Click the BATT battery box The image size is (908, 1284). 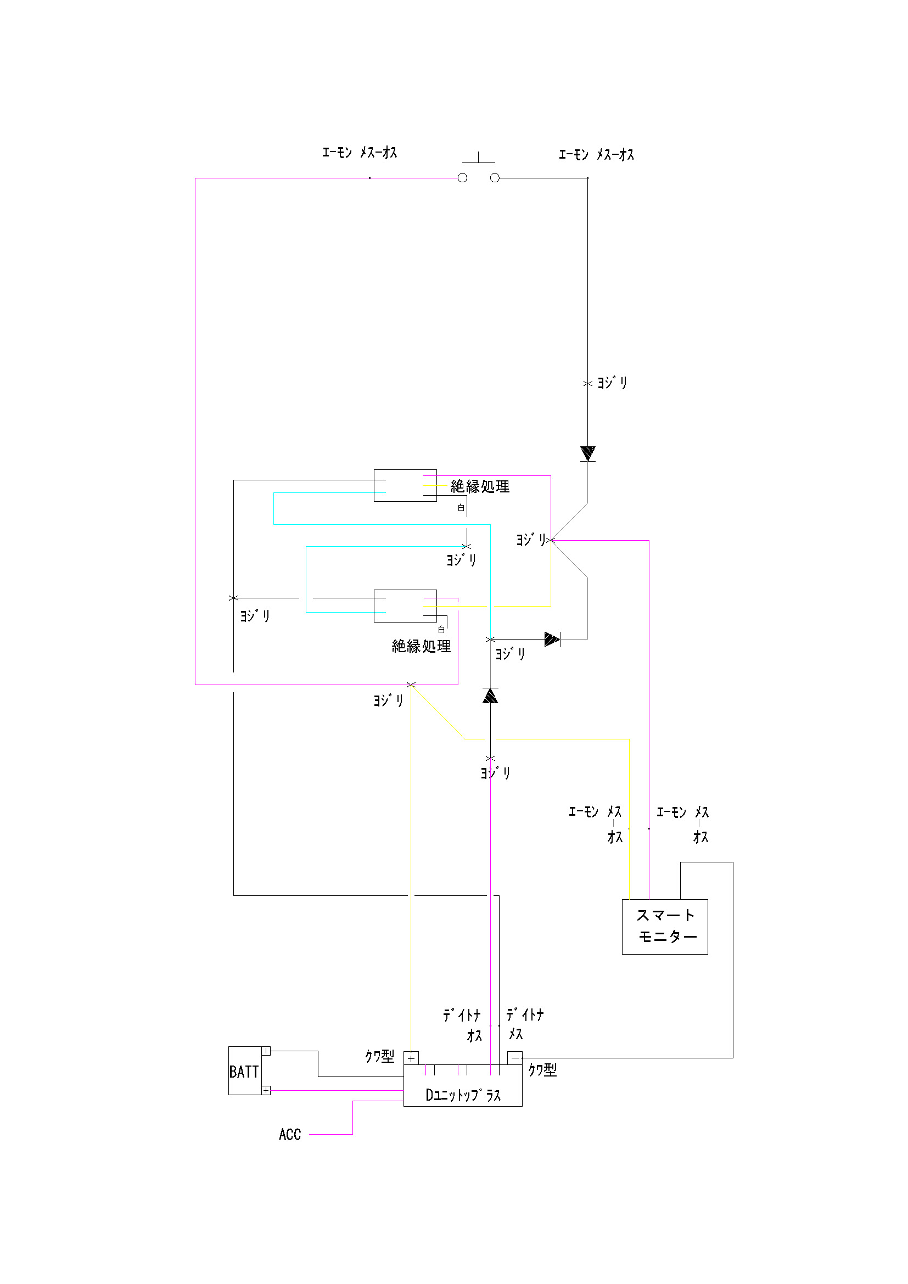click(x=244, y=1071)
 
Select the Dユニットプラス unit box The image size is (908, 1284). click(x=462, y=1085)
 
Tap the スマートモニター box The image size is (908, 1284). click(x=665, y=927)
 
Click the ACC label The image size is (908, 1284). click(x=290, y=1135)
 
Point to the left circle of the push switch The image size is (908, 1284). click(x=462, y=178)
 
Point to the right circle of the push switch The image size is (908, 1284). click(x=495, y=178)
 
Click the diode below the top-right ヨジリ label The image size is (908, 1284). click(x=587, y=453)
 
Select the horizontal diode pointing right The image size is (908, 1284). click(x=552, y=639)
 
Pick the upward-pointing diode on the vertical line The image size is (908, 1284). click(x=490, y=696)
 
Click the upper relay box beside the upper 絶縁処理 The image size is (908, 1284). click(x=405, y=485)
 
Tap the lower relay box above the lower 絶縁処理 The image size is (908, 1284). click(x=405, y=605)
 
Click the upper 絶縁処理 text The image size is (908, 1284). click(x=480, y=486)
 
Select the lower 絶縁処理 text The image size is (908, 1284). click(x=421, y=647)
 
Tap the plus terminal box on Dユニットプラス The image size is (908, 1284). click(x=411, y=1058)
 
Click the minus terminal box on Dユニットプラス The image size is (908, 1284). click(x=515, y=1058)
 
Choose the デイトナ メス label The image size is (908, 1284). click(x=524, y=1024)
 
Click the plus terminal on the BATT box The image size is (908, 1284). click(x=266, y=1090)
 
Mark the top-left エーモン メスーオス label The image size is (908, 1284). click(x=360, y=153)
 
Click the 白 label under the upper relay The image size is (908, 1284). click(x=461, y=508)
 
